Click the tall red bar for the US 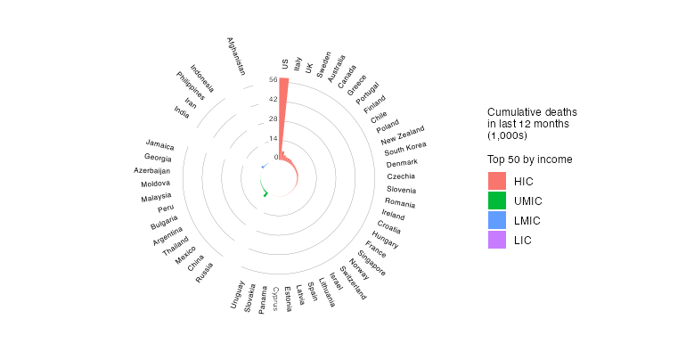(x=283, y=116)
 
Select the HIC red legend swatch (x=496, y=181)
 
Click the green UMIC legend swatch (x=496, y=200)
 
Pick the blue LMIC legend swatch (x=496, y=220)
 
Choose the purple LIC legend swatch (x=496, y=240)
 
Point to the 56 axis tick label (x=272, y=79)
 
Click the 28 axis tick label (x=272, y=119)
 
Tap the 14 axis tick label (x=272, y=138)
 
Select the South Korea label (x=405, y=148)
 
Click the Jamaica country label (x=160, y=144)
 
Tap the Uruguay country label (x=237, y=294)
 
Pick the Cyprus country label (x=276, y=298)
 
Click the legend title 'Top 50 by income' (x=529, y=160)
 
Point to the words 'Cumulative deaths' (x=532, y=111)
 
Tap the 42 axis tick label (x=272, y=99)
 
